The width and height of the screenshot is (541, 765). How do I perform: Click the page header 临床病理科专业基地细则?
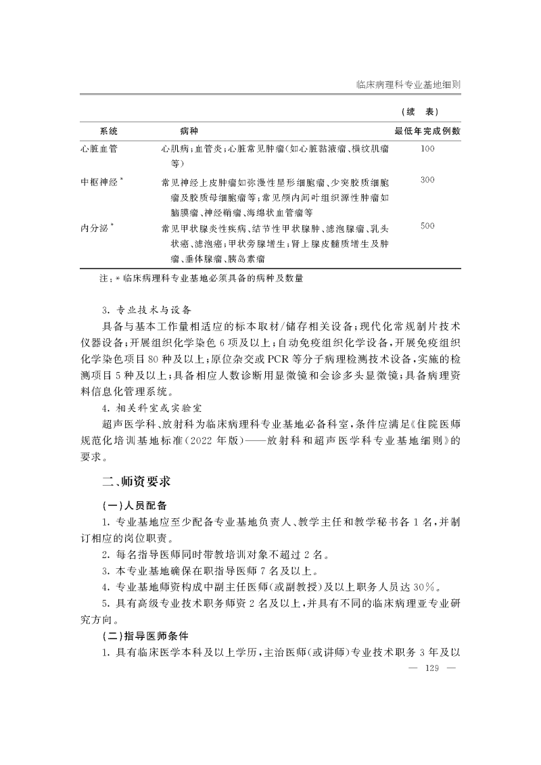(x=408, y=86)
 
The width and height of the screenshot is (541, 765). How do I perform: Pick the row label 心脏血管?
(x=99, y=148)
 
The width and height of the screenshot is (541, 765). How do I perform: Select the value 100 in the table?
(x=427, y=148)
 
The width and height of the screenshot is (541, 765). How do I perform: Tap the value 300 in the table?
(x=427, y=181)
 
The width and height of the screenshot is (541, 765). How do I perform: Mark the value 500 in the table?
(x=427, y=227)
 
